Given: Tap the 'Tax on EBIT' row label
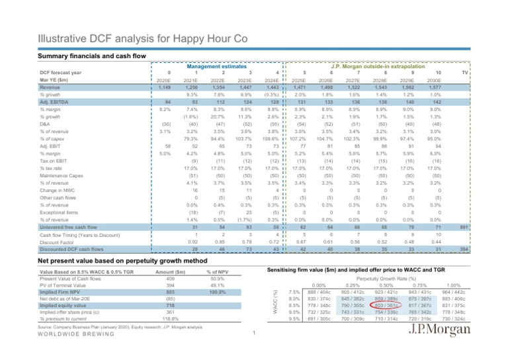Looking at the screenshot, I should pyautogui.click(x=53, y=159).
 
